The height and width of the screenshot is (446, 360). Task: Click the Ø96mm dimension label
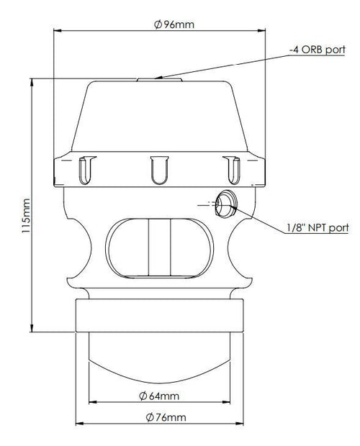tap(174, 24)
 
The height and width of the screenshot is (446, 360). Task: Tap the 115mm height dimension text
tap(26, 216)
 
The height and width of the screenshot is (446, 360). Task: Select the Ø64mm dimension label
tap(159, 396)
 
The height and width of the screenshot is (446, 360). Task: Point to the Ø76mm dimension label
tap(166, 417)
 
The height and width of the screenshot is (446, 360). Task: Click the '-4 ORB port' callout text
tap(318, 50)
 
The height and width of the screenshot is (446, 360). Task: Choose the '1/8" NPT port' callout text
tap(318, 227)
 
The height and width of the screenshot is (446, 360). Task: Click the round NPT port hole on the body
tap(226, 204)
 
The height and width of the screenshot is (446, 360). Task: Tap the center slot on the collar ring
tap(159, 170)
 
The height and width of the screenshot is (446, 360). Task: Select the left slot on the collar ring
tap(86, 170)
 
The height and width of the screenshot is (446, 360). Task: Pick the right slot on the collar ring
tap(233, 170)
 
